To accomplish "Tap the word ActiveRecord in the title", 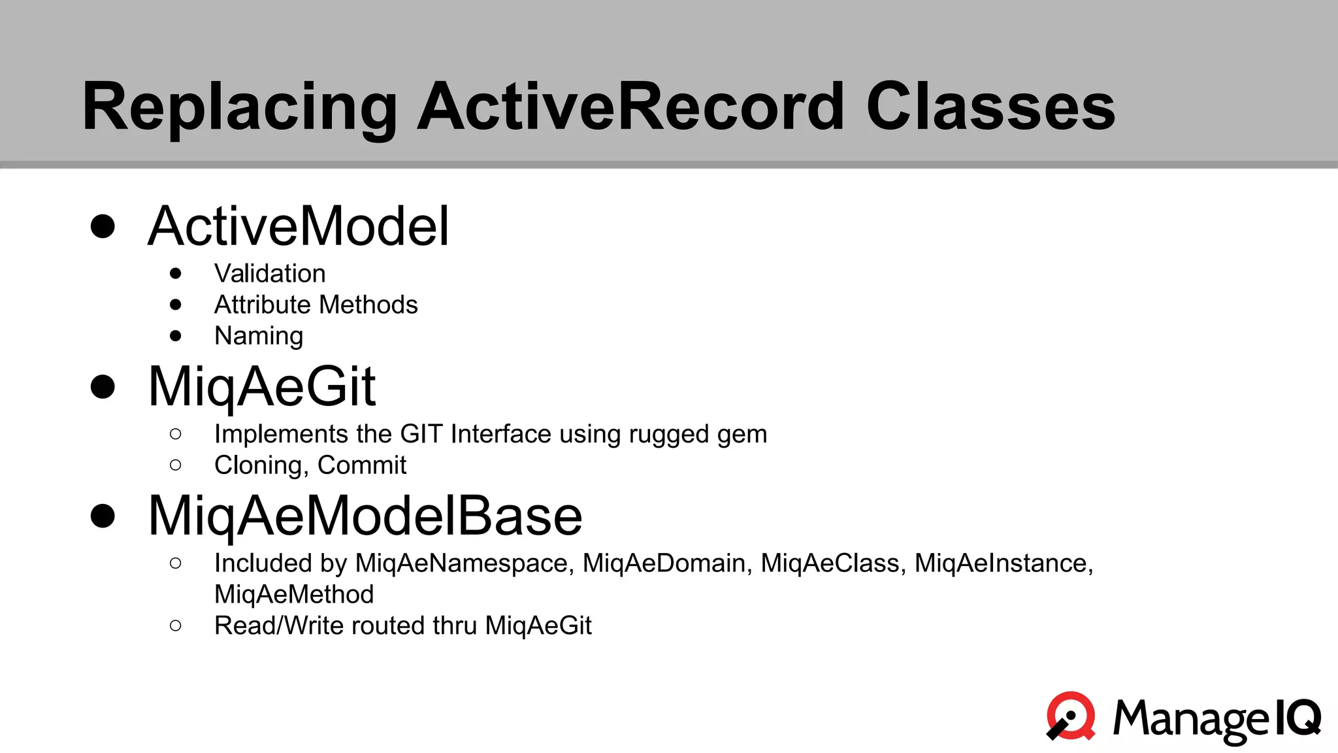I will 631,107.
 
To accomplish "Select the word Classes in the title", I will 990,107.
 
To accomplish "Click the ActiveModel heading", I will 299,226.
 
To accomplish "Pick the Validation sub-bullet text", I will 270,274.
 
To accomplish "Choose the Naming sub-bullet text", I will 259,337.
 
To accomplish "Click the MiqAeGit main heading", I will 262,387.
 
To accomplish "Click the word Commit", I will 362,465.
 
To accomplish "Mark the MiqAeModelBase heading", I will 365,516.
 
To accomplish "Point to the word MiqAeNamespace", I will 464,563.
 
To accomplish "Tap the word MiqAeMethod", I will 294,595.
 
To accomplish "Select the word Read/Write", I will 279,626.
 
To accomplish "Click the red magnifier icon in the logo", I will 1071,716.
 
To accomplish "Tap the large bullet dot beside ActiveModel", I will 103,226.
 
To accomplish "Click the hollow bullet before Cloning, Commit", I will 175,465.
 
